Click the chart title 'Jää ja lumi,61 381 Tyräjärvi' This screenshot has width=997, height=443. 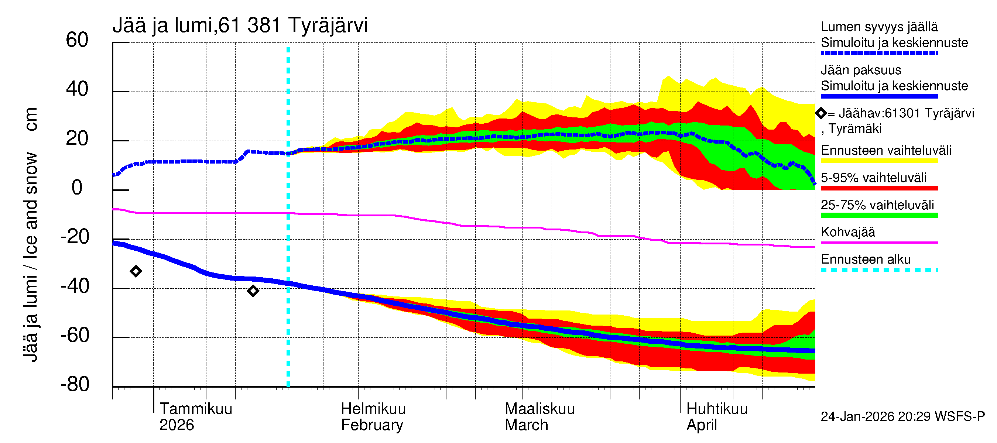point(240,25)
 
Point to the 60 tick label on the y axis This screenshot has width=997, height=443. point(77,40)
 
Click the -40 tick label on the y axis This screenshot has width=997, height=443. point(75,286)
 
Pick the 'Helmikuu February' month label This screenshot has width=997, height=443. point(373,417)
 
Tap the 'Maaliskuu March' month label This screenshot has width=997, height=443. point(539,417)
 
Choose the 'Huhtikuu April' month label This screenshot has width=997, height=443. point(716,417)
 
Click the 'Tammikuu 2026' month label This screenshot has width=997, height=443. point(195,417)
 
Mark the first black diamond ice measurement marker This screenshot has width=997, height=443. point(136,271)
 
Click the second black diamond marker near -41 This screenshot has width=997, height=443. point(253,291)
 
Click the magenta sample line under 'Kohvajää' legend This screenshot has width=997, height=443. point(879,243)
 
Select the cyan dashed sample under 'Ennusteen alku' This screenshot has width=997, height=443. point(879,269)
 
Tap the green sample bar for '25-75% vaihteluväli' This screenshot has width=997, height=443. point(879,216)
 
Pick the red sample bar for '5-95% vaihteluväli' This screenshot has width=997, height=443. point(879,188)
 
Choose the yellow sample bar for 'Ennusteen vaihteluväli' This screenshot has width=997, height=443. point(879,161)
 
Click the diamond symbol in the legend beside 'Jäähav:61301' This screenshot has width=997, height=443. point(821,113)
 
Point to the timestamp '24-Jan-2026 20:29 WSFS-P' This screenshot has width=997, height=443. point(902,416)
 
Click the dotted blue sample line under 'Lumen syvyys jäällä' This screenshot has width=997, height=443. point(879,54)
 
